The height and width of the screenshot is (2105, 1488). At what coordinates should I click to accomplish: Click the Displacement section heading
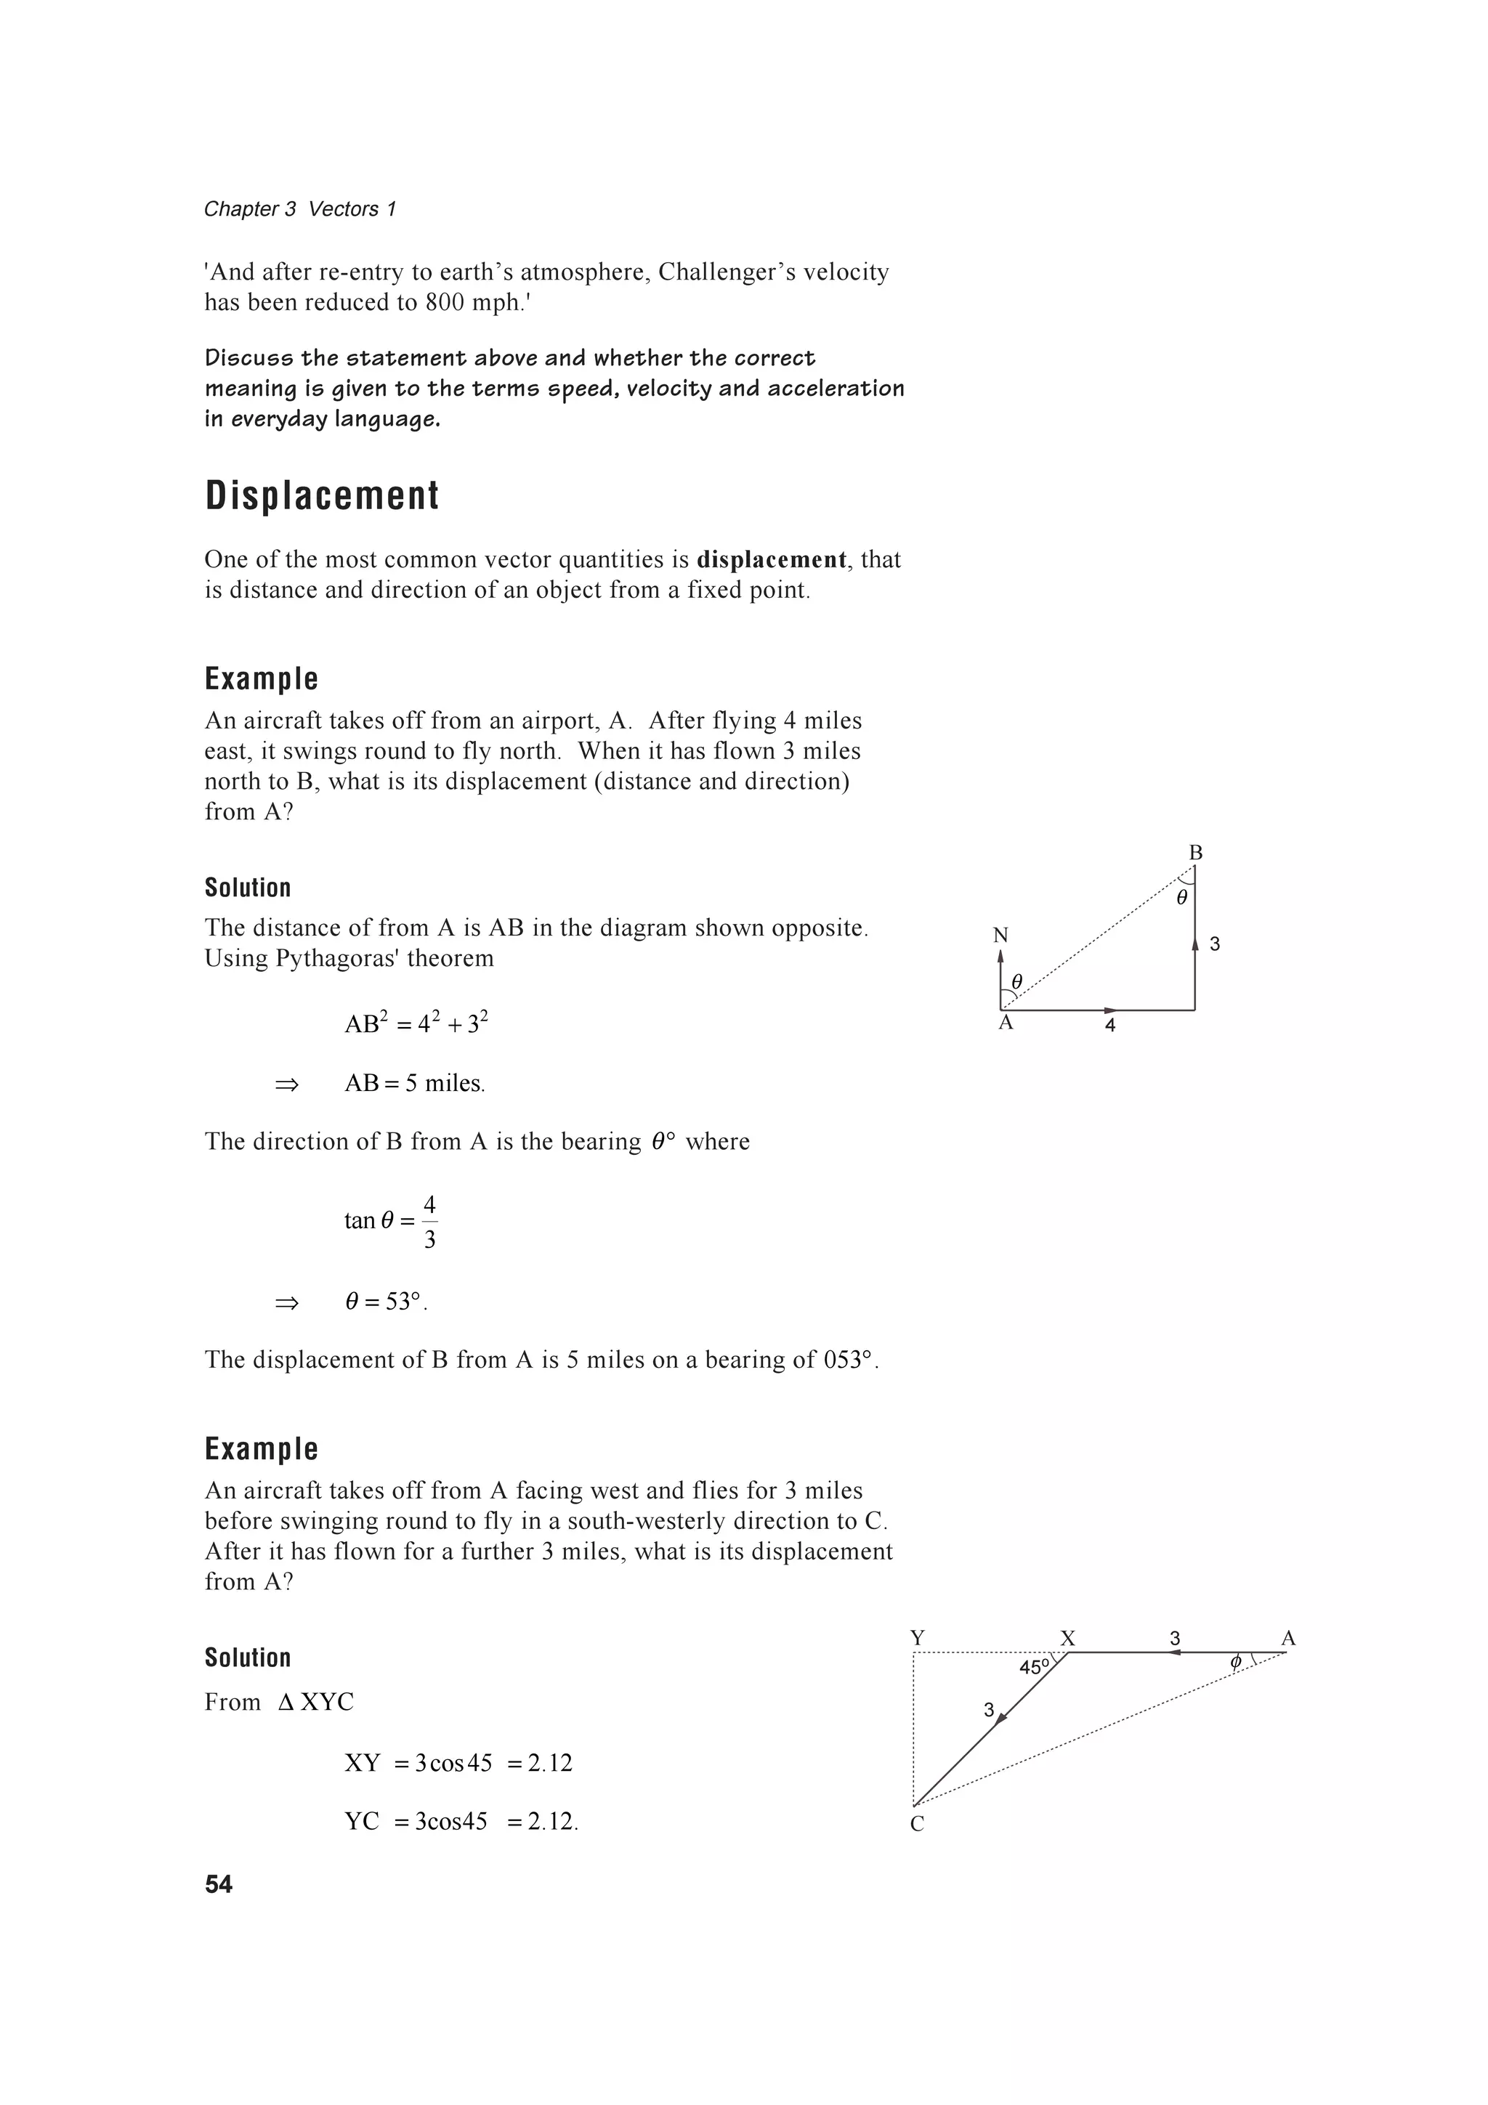point(322,496)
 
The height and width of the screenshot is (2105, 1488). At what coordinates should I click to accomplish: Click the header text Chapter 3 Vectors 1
point(300,209)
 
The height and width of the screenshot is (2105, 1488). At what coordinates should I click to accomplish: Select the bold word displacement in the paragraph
point(771,559)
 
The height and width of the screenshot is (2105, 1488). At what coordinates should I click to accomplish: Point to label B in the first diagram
point(1195,853)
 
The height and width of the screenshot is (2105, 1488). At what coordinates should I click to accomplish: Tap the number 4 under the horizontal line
point(1110,1026)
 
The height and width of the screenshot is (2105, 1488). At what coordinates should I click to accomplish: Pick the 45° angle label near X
point(1034,1668)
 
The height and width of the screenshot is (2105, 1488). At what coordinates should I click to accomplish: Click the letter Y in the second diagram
point(917,1639)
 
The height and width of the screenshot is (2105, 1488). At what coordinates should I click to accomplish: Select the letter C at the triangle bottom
point(917,1825)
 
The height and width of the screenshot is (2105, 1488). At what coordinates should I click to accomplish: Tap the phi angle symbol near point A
point(1235,1662)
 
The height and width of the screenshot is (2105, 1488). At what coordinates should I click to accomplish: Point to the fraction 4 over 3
point(429,1221)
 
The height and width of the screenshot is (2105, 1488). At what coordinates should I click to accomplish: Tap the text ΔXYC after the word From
point(315,1703)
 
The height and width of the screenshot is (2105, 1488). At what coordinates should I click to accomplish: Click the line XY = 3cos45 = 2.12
point(458,1763)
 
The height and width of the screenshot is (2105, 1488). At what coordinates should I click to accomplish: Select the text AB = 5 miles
point(414,1084)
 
